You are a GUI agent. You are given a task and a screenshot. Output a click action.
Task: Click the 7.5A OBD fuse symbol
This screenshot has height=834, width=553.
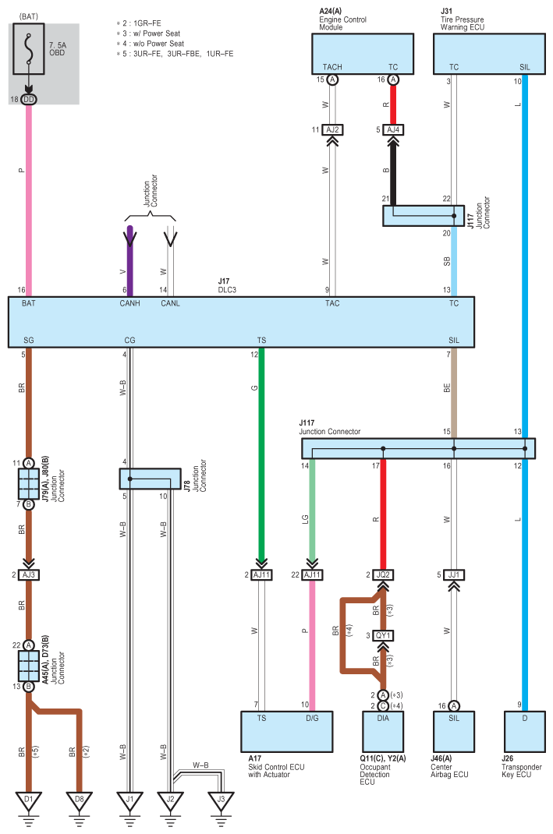[x=29, y=48]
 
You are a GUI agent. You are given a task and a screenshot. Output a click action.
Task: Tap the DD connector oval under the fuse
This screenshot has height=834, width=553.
[x=29, y=100]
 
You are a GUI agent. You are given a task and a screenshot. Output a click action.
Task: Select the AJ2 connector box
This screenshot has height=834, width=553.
[x=332, y=130]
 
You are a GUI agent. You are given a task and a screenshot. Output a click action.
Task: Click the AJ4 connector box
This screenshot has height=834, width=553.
[x=393, y=130]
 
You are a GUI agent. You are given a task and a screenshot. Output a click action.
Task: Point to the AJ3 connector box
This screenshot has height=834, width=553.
[x=29, y=575]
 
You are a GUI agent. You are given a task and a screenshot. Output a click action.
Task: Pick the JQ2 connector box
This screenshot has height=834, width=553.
[x=383, y=575]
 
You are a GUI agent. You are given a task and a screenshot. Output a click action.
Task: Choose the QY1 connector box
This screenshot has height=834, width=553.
[x=383, y=635]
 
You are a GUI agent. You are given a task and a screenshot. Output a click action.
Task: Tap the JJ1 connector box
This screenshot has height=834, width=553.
[x=454, y=575]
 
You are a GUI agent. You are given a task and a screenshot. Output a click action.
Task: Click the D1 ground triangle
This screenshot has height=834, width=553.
[x=29, y=800]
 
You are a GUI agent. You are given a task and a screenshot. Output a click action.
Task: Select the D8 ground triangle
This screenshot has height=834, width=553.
[x=80, y=800]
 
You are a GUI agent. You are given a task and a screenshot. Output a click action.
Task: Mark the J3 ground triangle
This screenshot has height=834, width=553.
[x=221, y=800]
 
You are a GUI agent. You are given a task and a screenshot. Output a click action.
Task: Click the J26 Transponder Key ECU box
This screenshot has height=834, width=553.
[x=525, y=732]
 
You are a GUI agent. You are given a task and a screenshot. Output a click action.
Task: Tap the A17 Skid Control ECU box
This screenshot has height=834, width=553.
[x=287, y=732]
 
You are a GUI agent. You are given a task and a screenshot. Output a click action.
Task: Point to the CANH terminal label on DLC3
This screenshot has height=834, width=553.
[x=130, y=303]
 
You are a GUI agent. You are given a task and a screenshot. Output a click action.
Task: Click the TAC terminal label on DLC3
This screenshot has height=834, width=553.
[x=332, y=303]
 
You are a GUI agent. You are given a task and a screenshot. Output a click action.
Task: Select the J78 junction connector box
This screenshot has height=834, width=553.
[x=150, y=479]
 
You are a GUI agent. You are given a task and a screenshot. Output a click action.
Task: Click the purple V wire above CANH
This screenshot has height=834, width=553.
[x=130, y=261]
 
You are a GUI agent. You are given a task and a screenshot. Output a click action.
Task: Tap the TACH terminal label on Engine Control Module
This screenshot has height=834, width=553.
[x=332, y=67]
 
